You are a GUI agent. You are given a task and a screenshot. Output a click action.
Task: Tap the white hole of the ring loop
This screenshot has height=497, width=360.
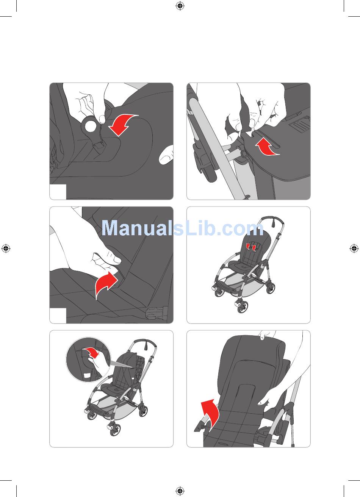(x=90, y=126)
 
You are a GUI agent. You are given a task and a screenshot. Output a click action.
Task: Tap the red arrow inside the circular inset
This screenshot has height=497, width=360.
(x=91, y=352)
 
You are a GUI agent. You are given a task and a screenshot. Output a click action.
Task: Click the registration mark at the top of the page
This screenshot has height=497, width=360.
(x=180, y=6)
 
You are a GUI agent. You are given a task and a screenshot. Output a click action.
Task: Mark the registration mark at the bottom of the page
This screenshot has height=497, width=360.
(x=180, y=491)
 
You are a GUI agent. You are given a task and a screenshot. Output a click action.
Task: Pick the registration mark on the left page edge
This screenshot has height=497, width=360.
(x=6, y=248)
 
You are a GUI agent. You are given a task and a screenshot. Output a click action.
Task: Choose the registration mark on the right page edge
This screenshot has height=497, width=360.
(x=354, y=248)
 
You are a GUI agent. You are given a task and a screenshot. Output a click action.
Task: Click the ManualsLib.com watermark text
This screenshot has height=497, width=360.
(x=183, y=228)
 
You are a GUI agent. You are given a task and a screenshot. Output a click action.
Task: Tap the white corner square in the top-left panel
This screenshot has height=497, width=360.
(x=58, y=192)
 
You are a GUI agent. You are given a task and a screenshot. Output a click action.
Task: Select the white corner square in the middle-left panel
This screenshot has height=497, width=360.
(x=58, y=316)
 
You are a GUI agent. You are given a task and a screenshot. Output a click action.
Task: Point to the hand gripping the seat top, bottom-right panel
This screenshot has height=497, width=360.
(x=267, y=334)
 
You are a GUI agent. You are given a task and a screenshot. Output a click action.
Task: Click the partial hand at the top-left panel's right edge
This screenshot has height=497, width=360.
(x=166, y=155)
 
